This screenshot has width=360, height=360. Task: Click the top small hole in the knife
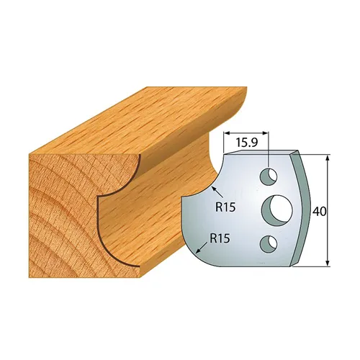click(x=269, y=175)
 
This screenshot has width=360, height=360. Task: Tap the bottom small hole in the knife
click(x=269, y=241)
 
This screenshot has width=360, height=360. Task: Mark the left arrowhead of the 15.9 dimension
click(x=227, y=134)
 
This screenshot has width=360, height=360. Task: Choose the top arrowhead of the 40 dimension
click(x=328, y=156)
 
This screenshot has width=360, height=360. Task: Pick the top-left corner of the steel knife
click(x=225, y=153)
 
